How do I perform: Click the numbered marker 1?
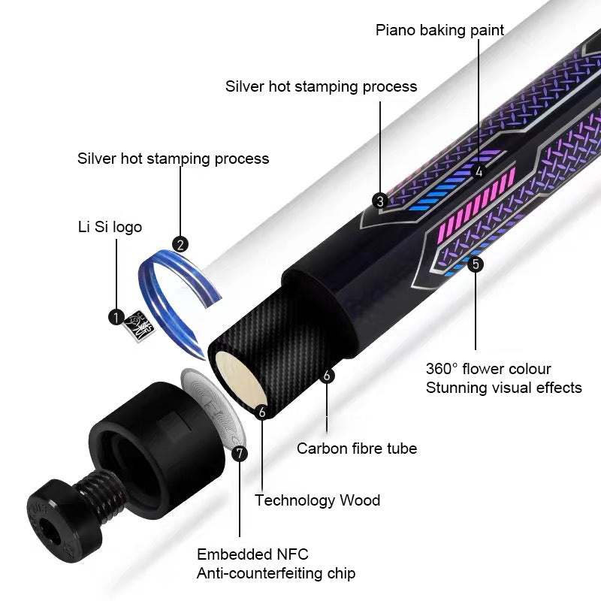pos(116,317)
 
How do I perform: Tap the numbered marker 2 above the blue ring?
pos(180,245)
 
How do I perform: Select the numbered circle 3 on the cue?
pos(380,201)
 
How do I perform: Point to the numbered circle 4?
pos(479,171)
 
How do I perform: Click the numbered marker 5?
pos(476,264)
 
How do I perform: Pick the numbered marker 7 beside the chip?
pos(240,454)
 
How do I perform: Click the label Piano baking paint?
pos(439,30)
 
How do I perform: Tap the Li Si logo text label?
pos(110,227)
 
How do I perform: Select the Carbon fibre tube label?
pos(357,448)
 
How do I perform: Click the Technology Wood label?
pos(317,500)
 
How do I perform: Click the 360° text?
pos(442,369)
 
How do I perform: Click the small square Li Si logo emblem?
pos(139,326)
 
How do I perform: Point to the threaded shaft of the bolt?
pos(101,494)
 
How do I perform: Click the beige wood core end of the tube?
pos(240,379)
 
